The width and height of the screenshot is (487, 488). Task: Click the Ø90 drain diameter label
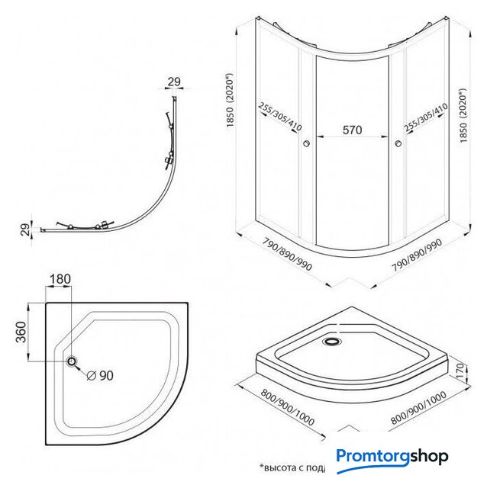[100, 375]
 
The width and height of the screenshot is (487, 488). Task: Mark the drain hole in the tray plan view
[73, 361]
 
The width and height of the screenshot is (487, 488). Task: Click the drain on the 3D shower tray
[332, 342]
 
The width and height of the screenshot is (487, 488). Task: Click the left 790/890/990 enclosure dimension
[278, 258]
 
